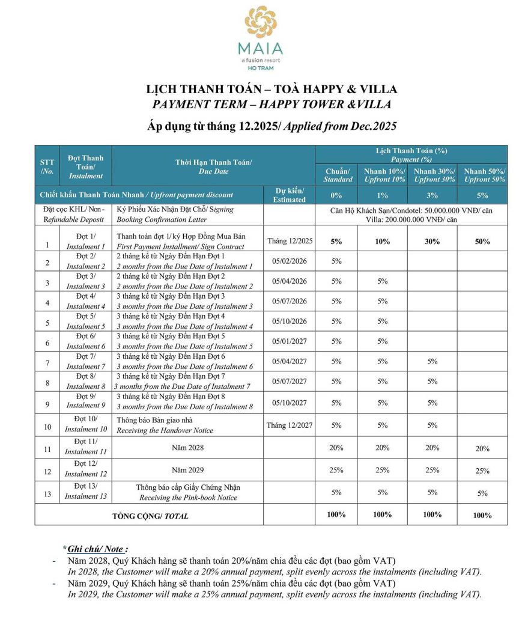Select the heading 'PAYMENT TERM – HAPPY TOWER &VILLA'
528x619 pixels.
click(272, 105)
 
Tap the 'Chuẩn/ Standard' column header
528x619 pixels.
click(336, 175)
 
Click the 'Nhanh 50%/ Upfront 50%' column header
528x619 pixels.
click(484, 175)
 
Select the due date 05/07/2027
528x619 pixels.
click(290, 382)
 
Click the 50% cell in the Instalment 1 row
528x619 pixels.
click(482, 242)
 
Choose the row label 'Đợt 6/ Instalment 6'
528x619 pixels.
click(86, 341)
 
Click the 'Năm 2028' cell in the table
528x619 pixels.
click(188, 448)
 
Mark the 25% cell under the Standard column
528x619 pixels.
click(336, 470)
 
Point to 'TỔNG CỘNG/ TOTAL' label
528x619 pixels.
click(150, 516)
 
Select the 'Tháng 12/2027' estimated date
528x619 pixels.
click(290, 425)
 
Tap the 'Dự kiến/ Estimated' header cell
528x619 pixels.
click(290, 195)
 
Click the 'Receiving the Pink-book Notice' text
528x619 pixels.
click(188, 498)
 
